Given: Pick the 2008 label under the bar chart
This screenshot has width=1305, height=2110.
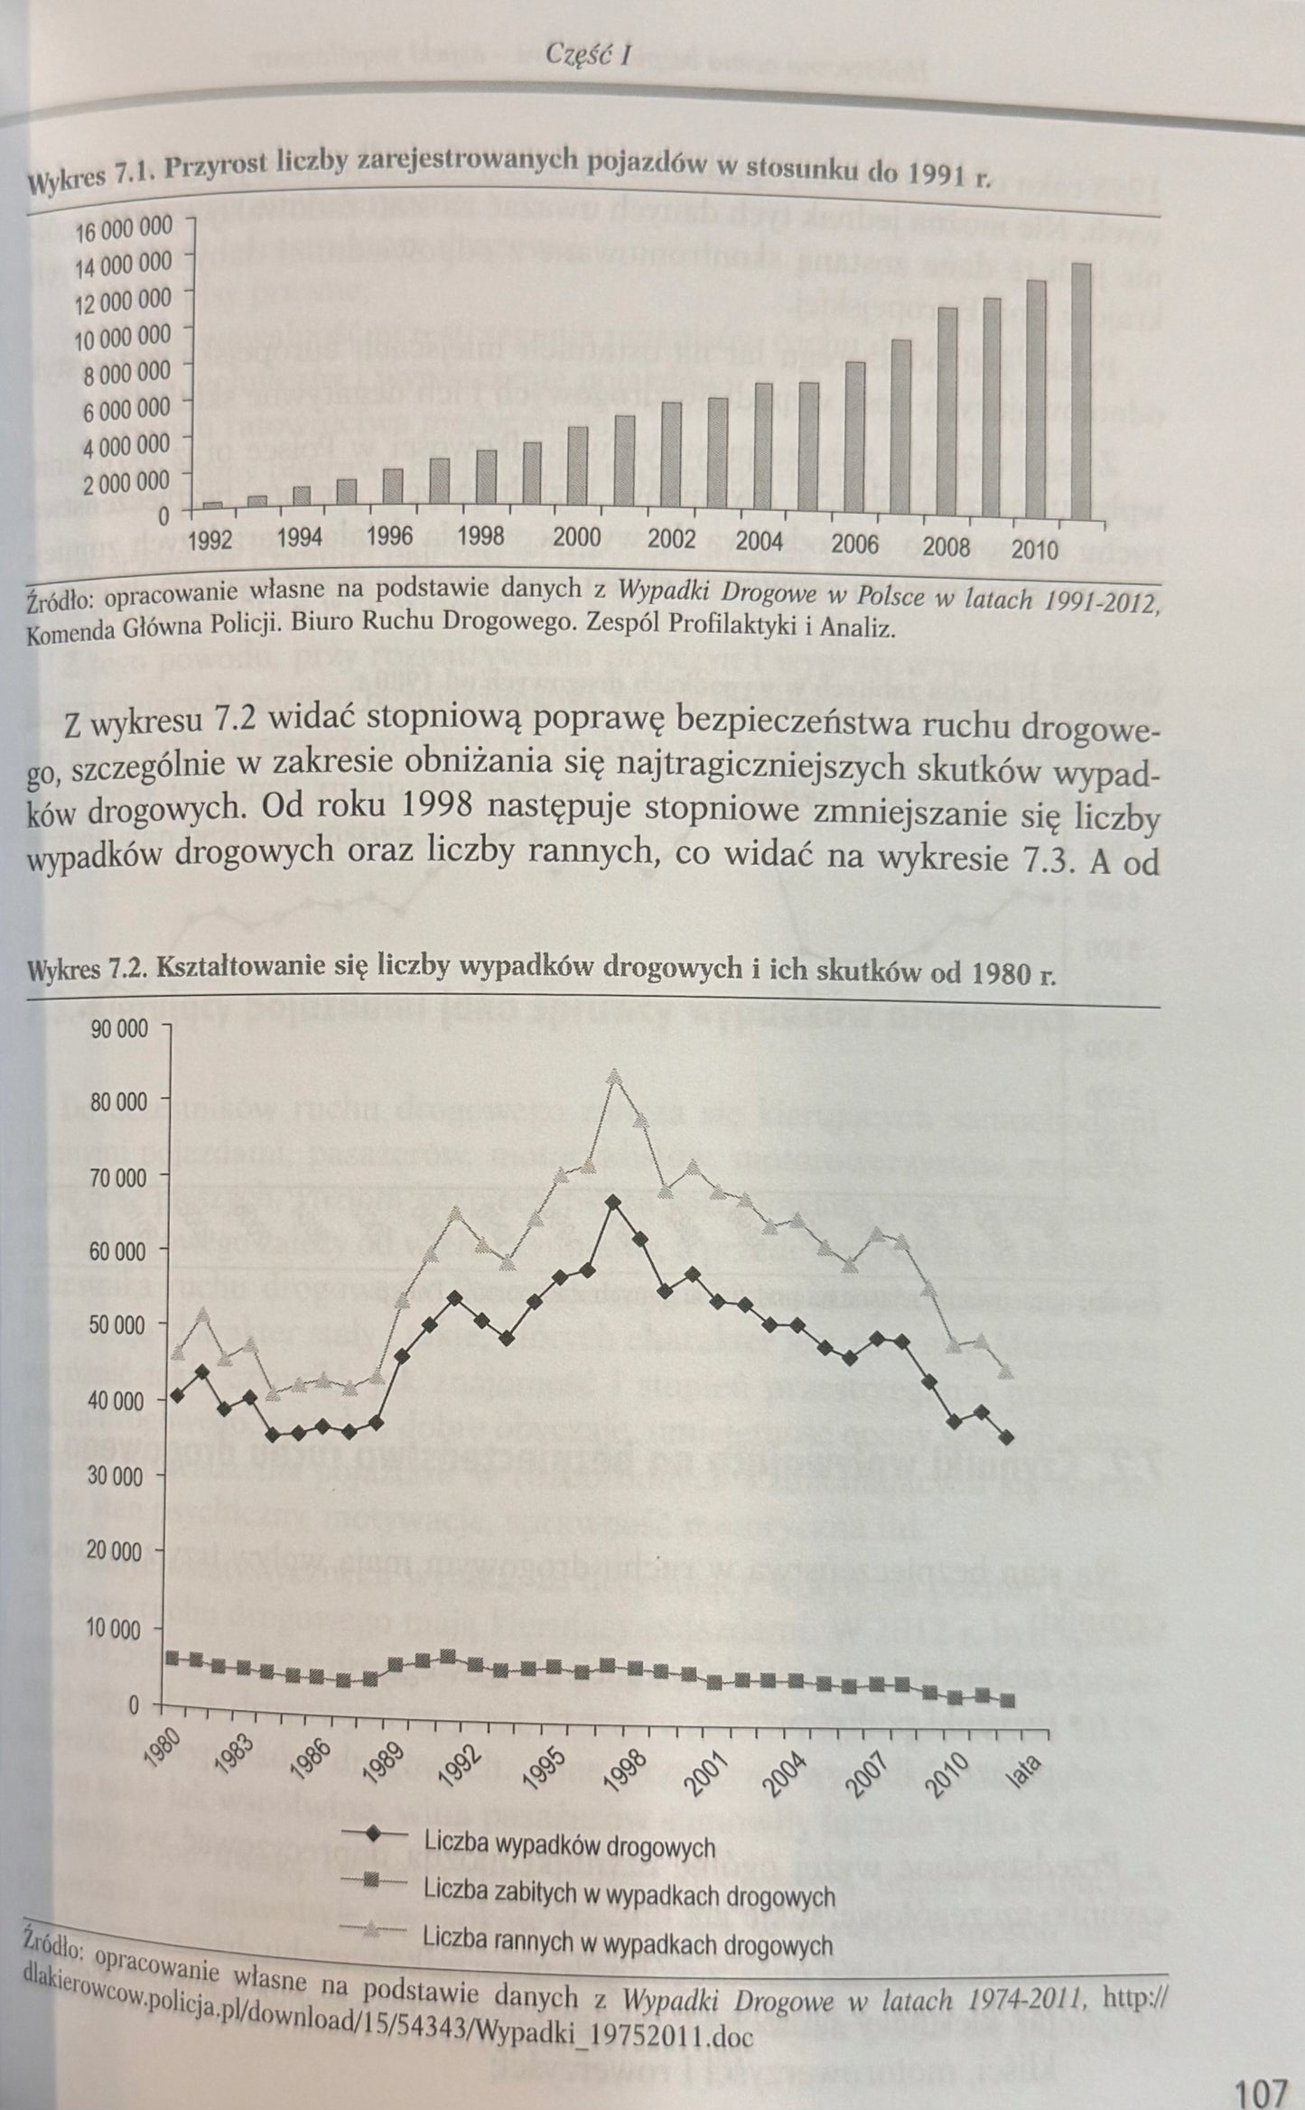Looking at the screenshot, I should [939, 548].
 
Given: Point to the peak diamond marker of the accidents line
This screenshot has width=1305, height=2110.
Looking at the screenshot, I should [613, 1202].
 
